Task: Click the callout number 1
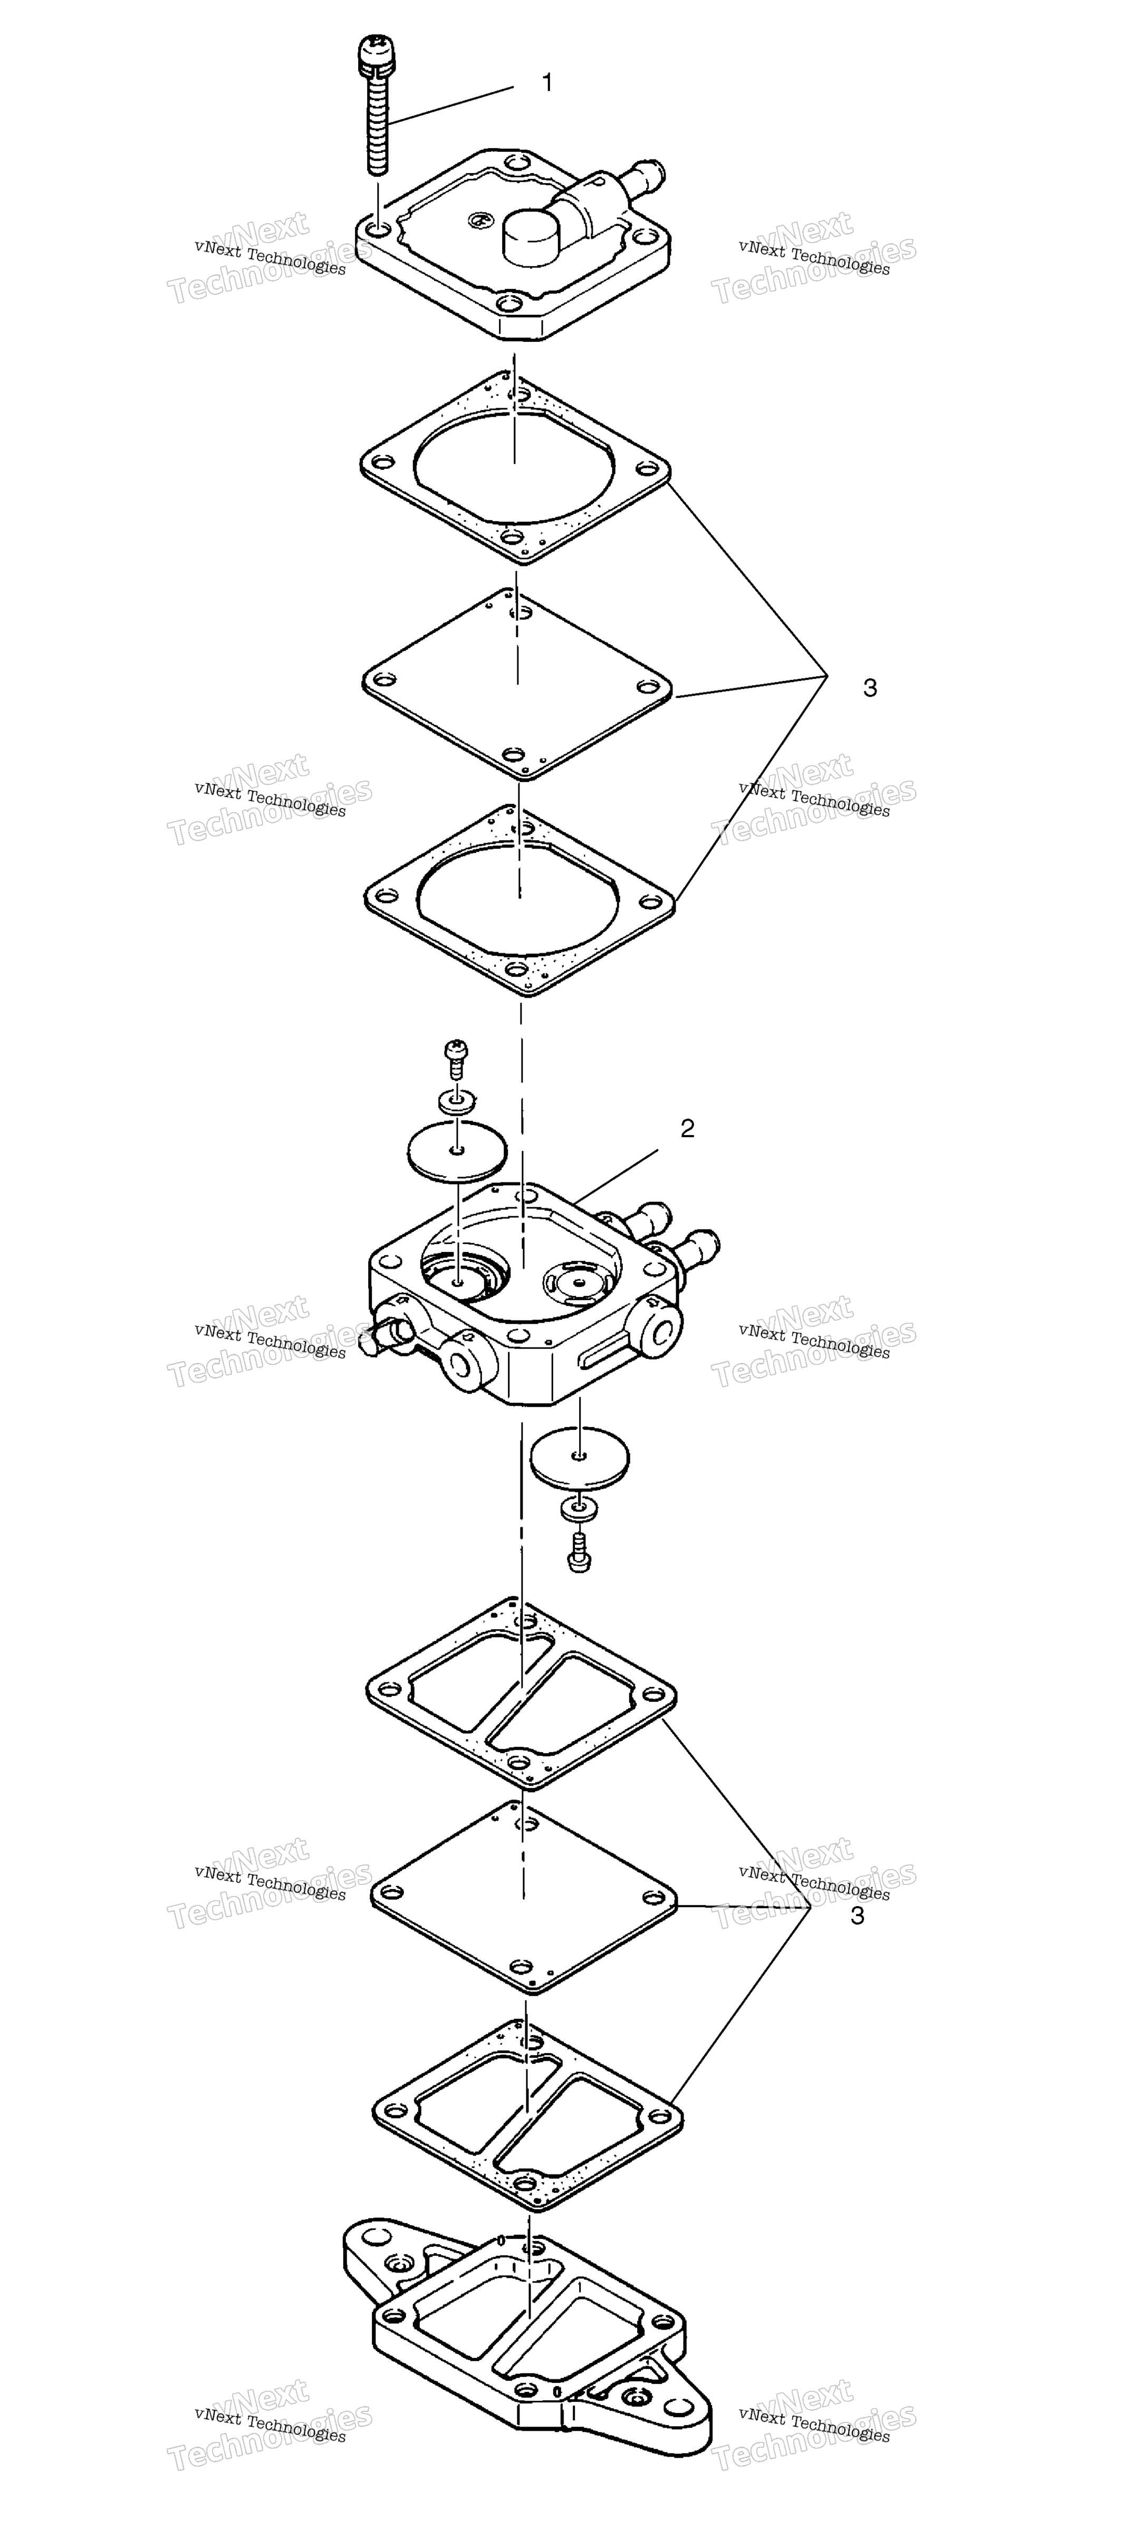coord(547,82)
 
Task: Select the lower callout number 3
coord(858,1916)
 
